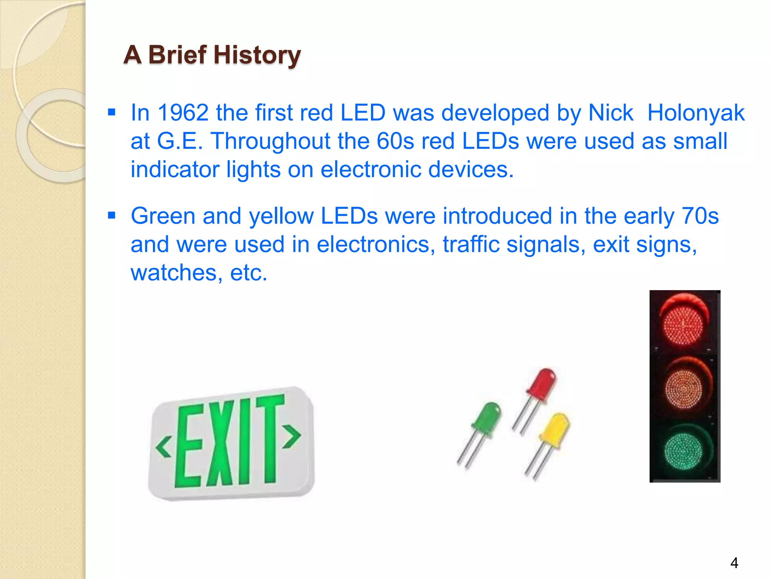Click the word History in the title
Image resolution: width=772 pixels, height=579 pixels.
coord(257,55)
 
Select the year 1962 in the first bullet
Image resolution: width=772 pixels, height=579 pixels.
coord(183,113)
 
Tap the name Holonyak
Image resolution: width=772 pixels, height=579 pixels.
coord(696,113)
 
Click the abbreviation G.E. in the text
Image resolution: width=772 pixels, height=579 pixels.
coord(180,141)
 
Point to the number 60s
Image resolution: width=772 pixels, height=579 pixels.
coord(395,141)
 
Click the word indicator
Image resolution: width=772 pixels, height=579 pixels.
coord(175,169)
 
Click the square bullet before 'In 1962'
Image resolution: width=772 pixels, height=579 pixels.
coord(112,112)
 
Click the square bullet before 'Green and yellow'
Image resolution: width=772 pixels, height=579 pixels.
coord(112,216)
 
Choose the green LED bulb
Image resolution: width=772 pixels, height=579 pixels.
coord(488,417)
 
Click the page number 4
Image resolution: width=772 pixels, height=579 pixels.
coord(734,563)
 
